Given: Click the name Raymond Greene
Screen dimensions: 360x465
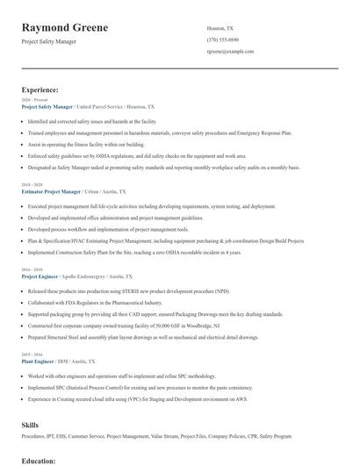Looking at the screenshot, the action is point(65,27).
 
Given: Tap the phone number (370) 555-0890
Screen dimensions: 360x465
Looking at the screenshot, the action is point(222,39).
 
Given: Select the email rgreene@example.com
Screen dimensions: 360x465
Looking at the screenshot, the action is point(230,52).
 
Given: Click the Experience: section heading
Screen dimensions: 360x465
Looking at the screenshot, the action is point(40,89).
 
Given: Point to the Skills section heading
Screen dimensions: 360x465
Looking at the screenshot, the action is point(30,424).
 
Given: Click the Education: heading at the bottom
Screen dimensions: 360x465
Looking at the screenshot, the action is point(39,460).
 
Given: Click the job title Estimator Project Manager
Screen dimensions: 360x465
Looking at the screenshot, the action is point(51,190).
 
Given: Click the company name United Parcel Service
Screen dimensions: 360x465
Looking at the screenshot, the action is point(100,106).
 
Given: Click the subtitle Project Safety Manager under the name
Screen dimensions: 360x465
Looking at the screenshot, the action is point(49,41).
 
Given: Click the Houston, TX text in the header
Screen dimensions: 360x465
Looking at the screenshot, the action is point(220,28).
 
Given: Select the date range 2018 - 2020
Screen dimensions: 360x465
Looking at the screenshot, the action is point(32,185).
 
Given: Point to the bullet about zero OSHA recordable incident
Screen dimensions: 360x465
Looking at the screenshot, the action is point(134,252).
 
